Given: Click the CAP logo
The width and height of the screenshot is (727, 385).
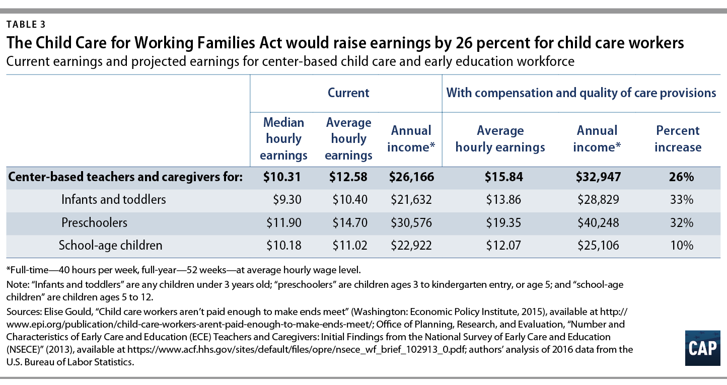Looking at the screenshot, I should coord(702,349).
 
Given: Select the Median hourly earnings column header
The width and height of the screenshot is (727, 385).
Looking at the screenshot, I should coord(283,139).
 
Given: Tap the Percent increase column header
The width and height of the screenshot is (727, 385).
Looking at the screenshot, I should coord(678,139).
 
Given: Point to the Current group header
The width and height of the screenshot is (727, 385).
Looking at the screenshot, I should coord(348,93).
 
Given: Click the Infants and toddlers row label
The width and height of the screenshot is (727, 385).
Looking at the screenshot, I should coord(113,199).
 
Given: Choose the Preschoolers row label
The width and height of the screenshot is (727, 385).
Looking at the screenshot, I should coord(94,222).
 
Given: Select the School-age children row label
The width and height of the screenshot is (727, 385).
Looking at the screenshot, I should coord(110,246).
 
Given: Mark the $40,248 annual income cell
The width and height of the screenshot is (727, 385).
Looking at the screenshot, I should coord(598,222).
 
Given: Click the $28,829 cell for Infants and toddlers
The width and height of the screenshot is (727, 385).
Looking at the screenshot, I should coord(598,199).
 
